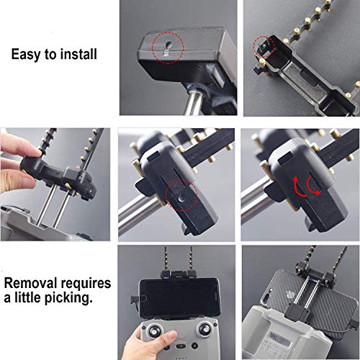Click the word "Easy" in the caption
[27, 53]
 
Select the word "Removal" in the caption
[31, 280]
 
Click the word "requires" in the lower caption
[87, 280]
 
